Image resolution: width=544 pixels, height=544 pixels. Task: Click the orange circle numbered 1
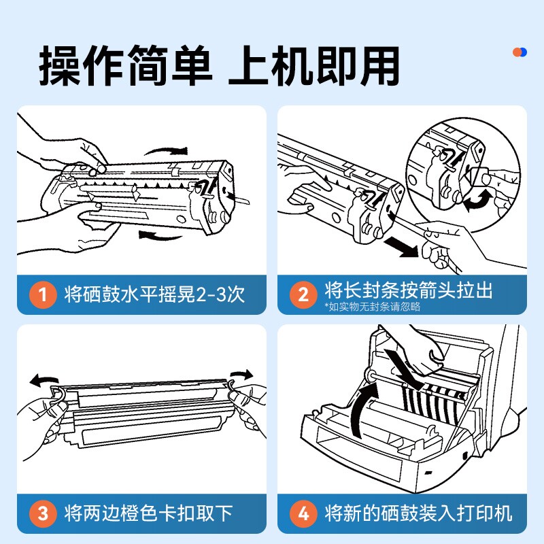(43, 294)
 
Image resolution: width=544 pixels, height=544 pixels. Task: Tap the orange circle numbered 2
(303, 294)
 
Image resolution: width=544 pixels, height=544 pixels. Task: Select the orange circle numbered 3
(43, 513)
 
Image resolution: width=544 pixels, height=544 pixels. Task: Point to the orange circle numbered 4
(303, 513)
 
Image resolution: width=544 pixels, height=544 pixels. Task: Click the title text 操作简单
(125, 65)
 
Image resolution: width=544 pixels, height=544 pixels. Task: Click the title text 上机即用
(313, 65)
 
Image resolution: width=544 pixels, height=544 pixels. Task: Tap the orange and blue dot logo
(520, 52)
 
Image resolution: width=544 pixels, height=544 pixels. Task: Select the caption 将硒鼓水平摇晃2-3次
(155, 294)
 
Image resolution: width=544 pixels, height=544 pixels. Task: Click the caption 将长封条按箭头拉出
(409, 290)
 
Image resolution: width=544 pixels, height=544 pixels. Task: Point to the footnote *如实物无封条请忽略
(372, 307)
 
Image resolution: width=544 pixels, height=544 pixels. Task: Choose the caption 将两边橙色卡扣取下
(148, 513)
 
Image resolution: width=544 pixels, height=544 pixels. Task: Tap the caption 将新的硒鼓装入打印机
(418, 513)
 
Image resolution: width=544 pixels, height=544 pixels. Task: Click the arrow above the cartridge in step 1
(167, 150)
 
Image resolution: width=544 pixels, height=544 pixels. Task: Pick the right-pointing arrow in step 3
(241, 375)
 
